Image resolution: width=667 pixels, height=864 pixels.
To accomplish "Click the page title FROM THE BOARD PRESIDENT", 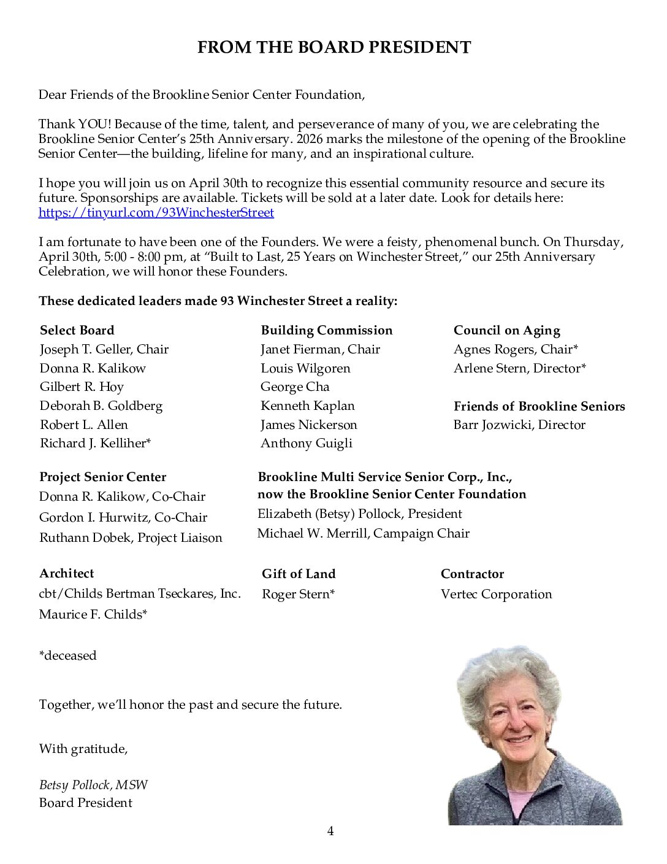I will (333, 48).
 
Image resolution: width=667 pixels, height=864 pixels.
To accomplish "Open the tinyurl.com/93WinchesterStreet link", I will (156, 212).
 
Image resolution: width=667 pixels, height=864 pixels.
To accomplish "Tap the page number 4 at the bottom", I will (330, 831).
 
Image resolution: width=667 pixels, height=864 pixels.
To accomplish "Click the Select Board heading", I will (77, 330).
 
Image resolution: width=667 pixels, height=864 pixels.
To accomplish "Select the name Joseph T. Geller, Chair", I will (104, 349).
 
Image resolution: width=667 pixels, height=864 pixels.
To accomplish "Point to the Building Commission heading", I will (326, 330).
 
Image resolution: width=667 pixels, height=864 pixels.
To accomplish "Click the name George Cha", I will (295, 387).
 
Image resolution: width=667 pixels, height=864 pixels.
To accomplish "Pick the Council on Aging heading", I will (506, 330).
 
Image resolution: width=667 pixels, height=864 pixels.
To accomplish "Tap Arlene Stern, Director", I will (519, 368).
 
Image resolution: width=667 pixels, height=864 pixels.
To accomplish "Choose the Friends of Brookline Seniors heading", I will (539, 406).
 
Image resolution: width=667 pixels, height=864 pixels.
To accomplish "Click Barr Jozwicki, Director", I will (519, 425).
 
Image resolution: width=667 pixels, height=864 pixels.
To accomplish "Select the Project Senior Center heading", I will (102, 477).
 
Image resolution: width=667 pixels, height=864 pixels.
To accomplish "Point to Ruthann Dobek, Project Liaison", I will (131, 538).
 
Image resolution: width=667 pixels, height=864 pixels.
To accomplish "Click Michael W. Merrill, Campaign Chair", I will (363, 533).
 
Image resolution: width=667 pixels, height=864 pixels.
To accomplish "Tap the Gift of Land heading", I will (299, 574).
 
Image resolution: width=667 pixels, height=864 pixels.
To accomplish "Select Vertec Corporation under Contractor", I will (496, 594).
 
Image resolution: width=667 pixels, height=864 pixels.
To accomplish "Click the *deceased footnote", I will (67, 655).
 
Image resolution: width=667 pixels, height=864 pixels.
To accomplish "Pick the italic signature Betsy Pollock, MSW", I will (93, 785).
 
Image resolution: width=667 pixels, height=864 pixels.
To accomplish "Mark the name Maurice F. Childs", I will (93, 614).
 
